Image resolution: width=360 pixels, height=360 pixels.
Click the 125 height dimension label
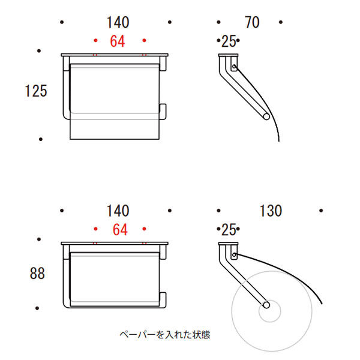coord(36,91)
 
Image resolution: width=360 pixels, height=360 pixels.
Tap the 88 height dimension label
coord(37,274)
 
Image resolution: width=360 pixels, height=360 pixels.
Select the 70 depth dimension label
coord(252,22)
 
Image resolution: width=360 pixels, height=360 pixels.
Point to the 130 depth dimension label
coord(271,211)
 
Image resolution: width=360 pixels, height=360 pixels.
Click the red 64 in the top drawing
coord(118,41)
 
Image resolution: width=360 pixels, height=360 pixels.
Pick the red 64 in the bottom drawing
coord(120,230)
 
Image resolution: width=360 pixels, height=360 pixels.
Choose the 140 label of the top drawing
coord(118,22)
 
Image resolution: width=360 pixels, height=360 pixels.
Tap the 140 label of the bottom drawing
coord(118,211)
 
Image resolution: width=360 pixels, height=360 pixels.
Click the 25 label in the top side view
coord(229,41)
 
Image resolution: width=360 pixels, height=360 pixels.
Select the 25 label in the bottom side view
coord(229,230)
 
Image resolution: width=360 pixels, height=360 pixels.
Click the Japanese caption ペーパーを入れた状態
coord(165,335)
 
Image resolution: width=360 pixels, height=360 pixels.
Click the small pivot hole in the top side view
coord(234,67)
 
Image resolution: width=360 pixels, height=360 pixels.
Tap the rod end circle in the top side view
coord(266,116)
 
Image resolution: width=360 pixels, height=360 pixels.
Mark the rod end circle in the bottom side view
coord(266,305)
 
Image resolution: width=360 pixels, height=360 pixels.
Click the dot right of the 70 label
coord(281,22)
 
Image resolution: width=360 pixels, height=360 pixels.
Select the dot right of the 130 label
coord(321,211)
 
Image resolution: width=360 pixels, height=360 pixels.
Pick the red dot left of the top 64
coord(96,40)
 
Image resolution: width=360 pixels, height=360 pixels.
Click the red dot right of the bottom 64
coord(144,229)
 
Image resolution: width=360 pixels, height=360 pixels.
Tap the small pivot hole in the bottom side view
coord(234,255)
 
